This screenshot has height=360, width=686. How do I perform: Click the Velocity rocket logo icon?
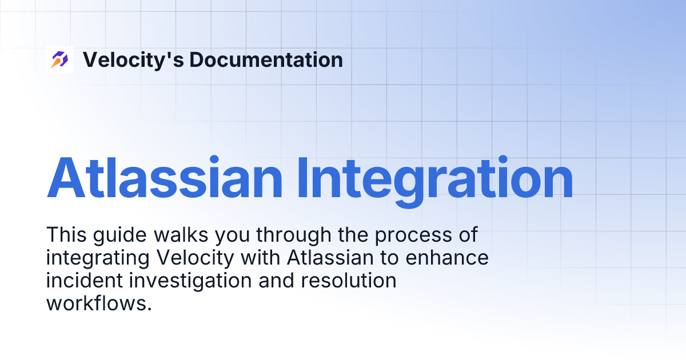click(59, 59)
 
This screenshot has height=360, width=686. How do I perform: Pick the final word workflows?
click(98, 303)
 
